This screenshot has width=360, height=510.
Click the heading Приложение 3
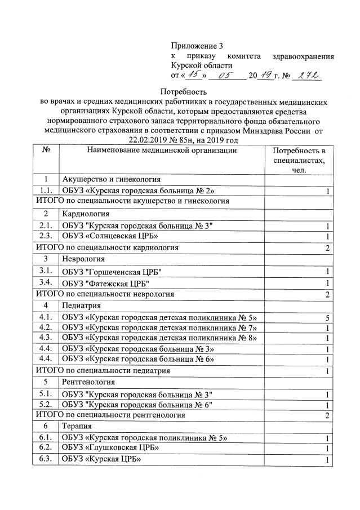click(201, 45)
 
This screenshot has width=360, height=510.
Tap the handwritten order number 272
click(306, 74)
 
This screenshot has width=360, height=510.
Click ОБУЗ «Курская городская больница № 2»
click(138, 190)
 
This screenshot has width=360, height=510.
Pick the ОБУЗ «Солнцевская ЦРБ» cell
click(110, 236)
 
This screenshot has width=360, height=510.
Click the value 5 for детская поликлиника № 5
click(327, 317)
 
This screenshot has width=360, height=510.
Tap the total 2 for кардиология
click(327, 247)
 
